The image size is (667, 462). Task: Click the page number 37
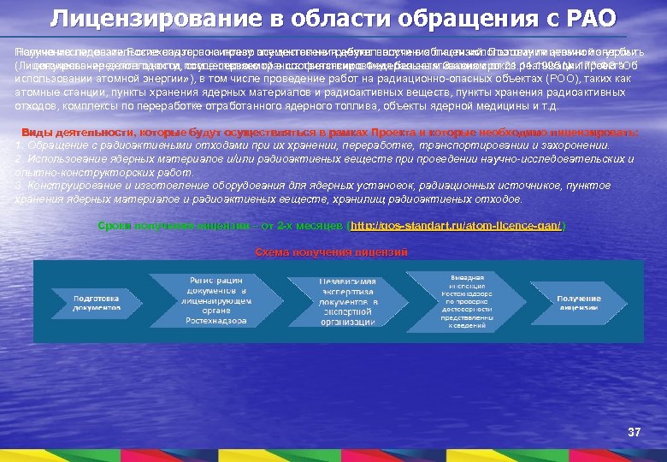point(634,432)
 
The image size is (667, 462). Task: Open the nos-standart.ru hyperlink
point(457,226)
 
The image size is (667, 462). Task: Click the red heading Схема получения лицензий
point(332,252)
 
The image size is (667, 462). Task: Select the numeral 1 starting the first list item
point(19,146)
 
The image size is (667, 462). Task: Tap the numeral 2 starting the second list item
point(19,159)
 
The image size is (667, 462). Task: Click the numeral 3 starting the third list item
point(19,186)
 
